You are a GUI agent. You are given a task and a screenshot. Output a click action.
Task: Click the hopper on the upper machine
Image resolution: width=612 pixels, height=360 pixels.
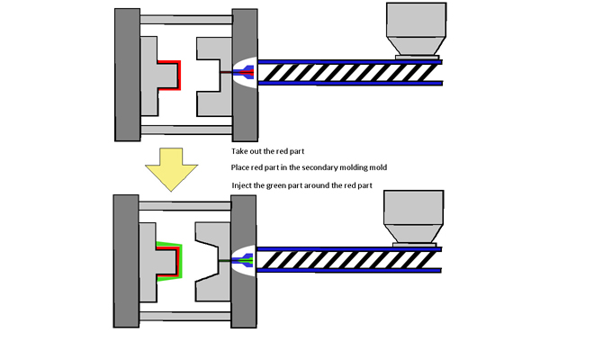coord(416,31)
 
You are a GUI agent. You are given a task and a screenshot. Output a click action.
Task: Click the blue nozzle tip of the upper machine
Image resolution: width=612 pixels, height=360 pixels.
coord(247,70)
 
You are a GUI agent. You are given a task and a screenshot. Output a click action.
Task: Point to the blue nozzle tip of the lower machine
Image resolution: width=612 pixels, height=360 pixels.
coord(247,260)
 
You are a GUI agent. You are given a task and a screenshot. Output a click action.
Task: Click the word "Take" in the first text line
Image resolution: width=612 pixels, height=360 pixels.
coord(241,151)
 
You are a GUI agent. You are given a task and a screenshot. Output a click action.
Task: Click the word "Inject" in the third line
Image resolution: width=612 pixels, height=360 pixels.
coord(243,185)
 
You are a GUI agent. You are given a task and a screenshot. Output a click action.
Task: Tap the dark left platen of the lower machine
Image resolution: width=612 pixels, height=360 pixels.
coord(127,261)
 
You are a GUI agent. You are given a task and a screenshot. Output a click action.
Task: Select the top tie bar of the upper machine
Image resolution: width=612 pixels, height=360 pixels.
coord(186,19)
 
